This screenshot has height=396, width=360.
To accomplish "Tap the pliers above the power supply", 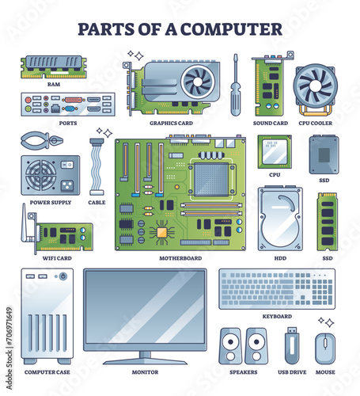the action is (x=41, y=140).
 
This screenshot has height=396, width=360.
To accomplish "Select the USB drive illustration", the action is (x=292, y=345).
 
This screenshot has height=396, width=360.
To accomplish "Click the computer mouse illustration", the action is (x=325, y=348).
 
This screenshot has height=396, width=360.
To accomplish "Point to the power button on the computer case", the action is (x=63, y=276).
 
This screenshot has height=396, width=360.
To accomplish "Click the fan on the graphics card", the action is (x=198, y=82).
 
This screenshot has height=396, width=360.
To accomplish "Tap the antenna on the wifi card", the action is (x=25, y=223).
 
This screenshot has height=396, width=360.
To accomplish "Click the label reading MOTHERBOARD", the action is (x=180, y=258).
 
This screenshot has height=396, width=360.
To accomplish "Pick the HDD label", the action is (x=280, y=258).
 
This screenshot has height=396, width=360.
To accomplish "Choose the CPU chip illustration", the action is (x=275, y=152).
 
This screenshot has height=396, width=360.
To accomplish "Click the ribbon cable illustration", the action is (x=97, y=166).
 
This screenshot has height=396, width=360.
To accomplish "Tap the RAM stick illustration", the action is (x=54, y=67).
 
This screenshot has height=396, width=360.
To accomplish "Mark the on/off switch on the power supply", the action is (x=67, y=165).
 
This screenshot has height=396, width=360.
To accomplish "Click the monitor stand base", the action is (x=145, y=361).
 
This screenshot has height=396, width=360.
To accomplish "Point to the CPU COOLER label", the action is (x=316, y=124).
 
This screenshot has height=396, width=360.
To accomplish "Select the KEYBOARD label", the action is (x=277, y=316).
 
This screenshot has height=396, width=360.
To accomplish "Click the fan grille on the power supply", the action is (x=40, y=175).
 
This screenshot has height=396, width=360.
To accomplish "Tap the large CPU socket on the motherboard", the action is (x=211, y=180).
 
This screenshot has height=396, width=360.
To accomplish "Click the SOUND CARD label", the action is (x=271, y=124).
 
